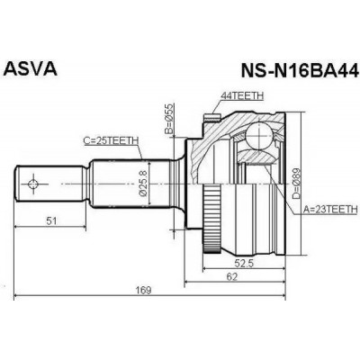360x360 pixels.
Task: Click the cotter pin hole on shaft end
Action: [x=33, y=184]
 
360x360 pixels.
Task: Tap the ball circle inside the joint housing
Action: [x=260, y=135]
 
